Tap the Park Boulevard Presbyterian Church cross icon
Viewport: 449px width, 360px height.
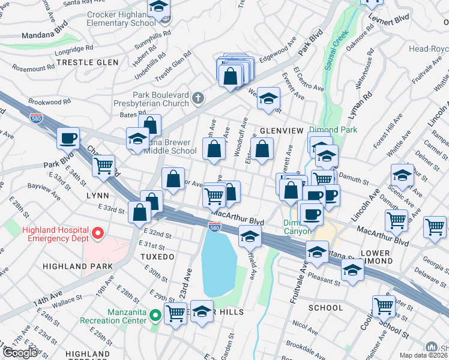[197, 97]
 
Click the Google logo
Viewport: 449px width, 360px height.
[20, 352]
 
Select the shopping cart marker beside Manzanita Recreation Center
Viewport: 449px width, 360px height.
[175, 312]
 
